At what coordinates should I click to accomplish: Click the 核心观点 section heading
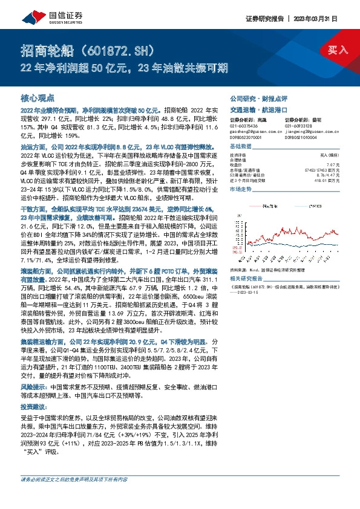(x=38, y=97)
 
